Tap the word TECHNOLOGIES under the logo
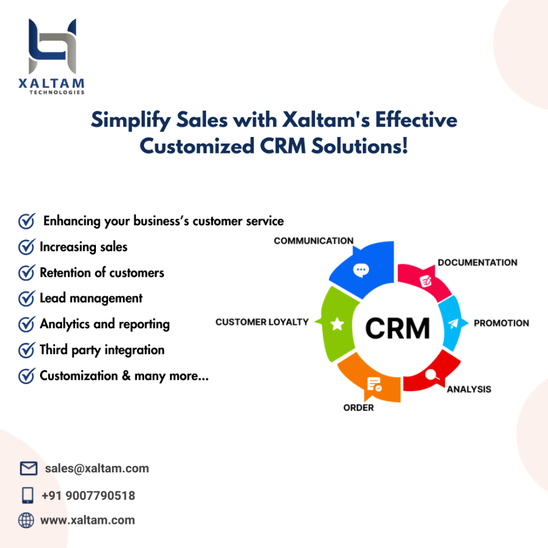click(57, 93)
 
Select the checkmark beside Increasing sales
click(26, 247)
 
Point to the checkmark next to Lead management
click(26, 299)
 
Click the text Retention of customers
click(102, 273)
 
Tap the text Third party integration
click(102, 350)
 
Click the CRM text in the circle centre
click(397, 328)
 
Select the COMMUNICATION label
click(313, 241)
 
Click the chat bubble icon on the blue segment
click(361, 269)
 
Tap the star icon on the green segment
click(337, 324)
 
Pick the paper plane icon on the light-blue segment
click(453, 324)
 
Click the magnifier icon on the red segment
click(431, 375)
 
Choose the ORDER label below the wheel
click(358, 408)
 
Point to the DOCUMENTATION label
click(477, 262)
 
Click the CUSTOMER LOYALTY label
click(262, 322)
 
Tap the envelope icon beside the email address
click(28, 469)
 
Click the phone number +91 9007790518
click(88, 496)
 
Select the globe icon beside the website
click(26, 520)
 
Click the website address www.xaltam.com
click(88, 520)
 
